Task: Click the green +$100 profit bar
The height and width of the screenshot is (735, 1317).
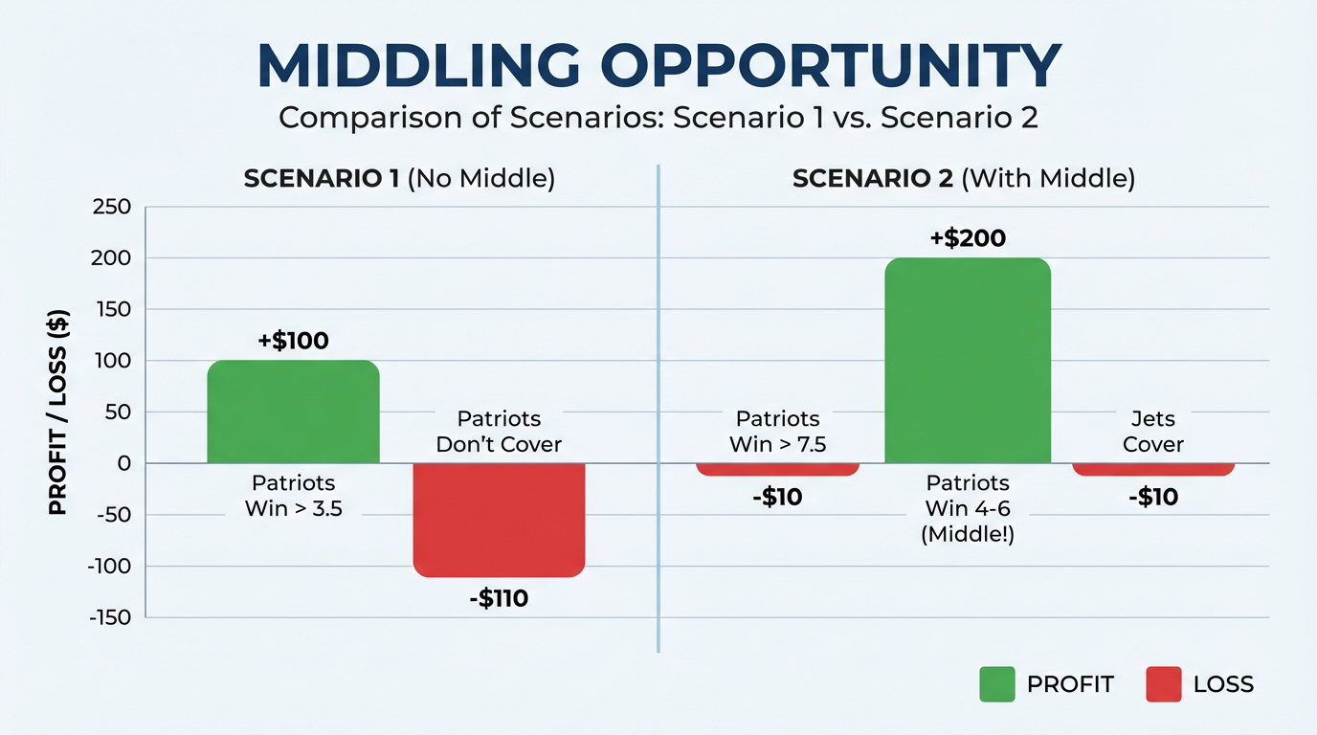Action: point(293,412)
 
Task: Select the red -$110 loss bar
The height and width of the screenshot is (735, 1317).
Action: point(499,520)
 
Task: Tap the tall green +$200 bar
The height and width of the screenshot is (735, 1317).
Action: point(968,361)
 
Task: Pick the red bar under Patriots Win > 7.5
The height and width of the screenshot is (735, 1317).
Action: point(777,469)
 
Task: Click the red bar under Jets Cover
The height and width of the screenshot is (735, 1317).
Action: point(1153,469)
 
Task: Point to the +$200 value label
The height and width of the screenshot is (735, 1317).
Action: point(968,238)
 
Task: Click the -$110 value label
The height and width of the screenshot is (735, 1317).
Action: point(498,600)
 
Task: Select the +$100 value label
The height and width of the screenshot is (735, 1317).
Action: point(292,341)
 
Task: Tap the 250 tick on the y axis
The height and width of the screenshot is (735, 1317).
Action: point(111,207)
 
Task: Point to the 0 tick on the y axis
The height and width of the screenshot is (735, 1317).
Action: point(123,464)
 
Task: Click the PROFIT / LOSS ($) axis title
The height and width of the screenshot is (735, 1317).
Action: point(58,412)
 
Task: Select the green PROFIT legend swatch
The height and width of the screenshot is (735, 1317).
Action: point(996,684)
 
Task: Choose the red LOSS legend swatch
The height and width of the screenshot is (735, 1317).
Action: point(1163,684)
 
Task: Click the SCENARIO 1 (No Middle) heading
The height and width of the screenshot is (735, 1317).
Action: point(399,180)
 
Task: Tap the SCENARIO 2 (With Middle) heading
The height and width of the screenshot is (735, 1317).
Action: point(964,180)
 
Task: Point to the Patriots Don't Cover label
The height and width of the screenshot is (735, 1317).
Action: point(499,432)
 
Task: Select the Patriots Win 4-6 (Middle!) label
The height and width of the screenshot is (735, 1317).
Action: point(968,508)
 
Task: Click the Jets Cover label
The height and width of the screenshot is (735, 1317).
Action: point(1153,432)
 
